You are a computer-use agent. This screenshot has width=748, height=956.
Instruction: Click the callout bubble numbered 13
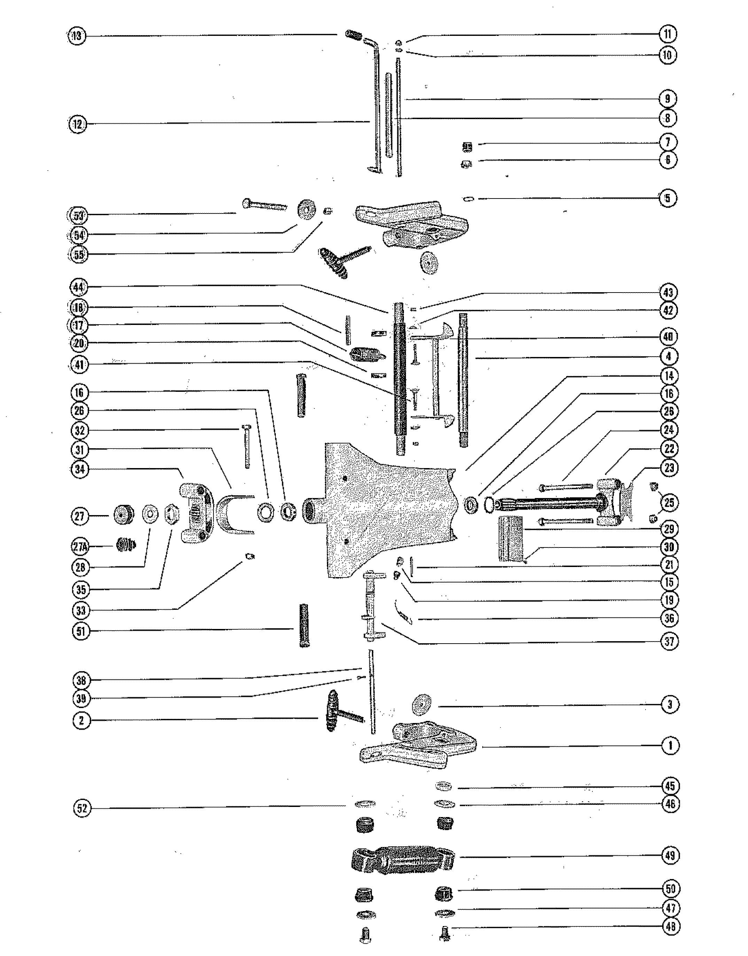[77, 36]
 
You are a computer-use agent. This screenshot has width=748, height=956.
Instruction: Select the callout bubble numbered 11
[668, 34]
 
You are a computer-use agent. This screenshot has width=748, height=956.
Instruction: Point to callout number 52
[81, 808]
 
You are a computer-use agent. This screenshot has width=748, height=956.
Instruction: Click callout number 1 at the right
[670, 745]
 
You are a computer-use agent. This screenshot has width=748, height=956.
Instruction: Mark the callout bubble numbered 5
[668, 198]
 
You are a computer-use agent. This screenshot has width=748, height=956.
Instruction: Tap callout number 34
[80, 469]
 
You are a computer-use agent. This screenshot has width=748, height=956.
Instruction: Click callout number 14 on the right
[669, 375]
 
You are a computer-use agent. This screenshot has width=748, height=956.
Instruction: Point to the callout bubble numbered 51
[80, 631]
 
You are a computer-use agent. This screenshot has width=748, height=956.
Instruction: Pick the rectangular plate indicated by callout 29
[511, 539]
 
